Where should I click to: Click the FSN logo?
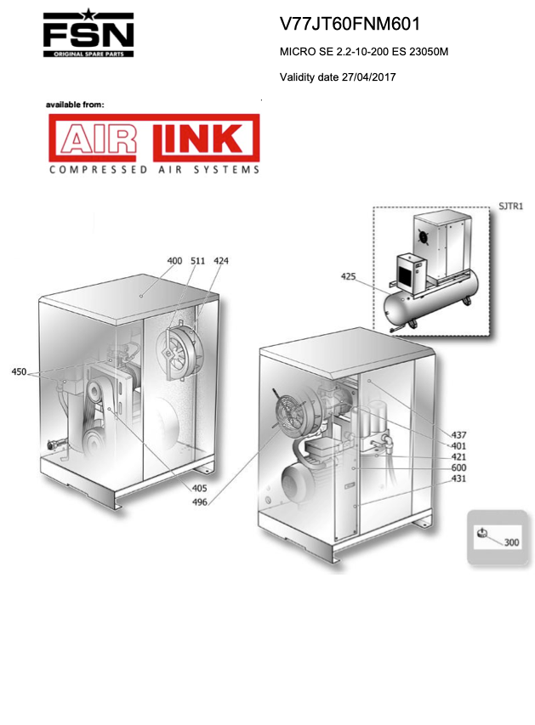[88, 33]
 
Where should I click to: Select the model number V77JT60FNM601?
[350, 24]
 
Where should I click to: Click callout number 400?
[174, 261]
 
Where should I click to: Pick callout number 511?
[197, 261]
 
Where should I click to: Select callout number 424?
[221, 261]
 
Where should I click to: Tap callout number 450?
[19, 371]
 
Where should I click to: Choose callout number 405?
[200, 488]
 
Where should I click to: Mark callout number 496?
[200, 502]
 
